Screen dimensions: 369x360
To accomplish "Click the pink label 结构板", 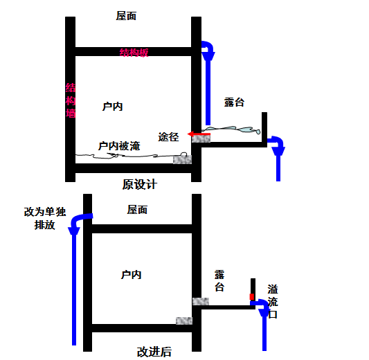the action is tap(134, 53).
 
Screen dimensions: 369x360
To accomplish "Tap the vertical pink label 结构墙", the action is tap(71, 100).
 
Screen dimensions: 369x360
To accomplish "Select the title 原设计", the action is tap(140, 184).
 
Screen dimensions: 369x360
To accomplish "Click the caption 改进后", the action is tap(154, 352).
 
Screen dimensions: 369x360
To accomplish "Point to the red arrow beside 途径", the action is tap(199, 134).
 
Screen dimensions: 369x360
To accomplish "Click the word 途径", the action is tap(168, 137).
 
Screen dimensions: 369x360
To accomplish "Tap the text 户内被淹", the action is tap(119, 146).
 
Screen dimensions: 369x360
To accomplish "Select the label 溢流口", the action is tap(273, 302).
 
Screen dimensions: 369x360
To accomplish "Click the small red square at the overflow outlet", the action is tap(252, 297).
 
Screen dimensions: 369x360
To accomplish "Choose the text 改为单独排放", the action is tap(45, 218).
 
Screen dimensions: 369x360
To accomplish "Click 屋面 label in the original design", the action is tap(126, 16).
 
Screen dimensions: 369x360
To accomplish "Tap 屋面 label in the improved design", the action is tap(137, 210).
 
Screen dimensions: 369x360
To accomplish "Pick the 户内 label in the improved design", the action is tap(131, 275).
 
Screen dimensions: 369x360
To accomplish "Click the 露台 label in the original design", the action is tap(234, 102).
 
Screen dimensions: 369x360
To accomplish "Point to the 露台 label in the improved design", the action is tap(219, 281).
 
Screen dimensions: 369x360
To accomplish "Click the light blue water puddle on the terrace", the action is tap(232, 129).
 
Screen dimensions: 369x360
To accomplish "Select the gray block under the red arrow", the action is tap(201, 138).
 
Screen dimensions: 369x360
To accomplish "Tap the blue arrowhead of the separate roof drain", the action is tap(74, 231).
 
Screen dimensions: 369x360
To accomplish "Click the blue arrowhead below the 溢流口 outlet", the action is tap(264, 312).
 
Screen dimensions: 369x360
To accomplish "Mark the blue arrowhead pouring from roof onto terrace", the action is tap(208, 57).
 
